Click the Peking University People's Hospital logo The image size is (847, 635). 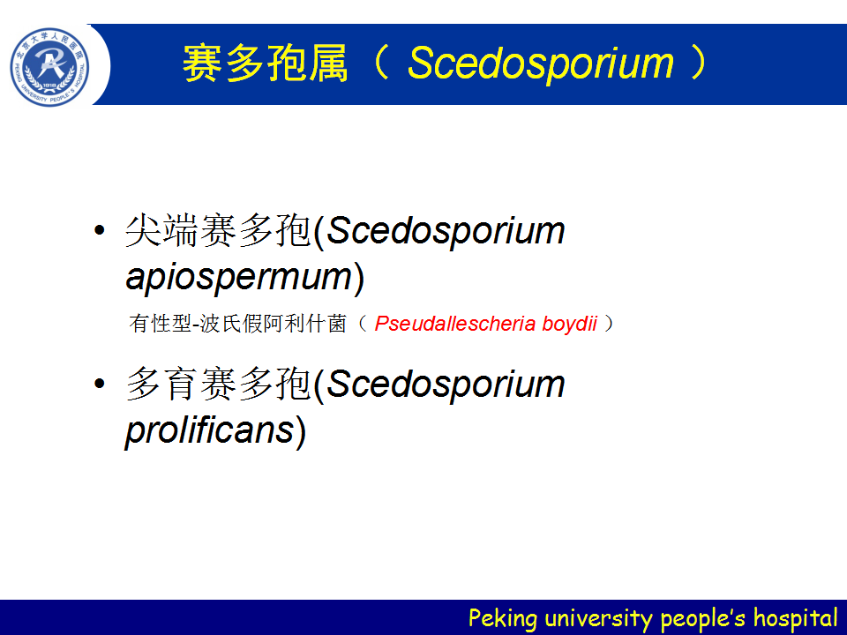click(49, 67)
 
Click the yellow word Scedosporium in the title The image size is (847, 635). click(541, 63)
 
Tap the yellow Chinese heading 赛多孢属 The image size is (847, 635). click(266, 63)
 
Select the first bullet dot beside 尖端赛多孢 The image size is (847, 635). click(100, 230)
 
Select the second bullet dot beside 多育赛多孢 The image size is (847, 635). click(100, 384)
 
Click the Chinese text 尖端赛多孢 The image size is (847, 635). click(218, 230)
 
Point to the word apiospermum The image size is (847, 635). click(239, 278)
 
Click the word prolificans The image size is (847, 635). click(210, 431)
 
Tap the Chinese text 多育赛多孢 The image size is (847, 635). click(218, 384)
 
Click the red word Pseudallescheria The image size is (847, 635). click(455, 324)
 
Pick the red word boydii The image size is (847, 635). click(569, 324)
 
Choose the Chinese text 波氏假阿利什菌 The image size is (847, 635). click(273, 324)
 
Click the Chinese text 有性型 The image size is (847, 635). click(161, 324)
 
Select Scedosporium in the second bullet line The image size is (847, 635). click(446, 385)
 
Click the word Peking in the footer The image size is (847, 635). click(503, 618)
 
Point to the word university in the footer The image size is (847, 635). click(598, 618)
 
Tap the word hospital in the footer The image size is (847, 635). click(795, 617)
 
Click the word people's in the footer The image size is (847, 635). click(703, 618)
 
